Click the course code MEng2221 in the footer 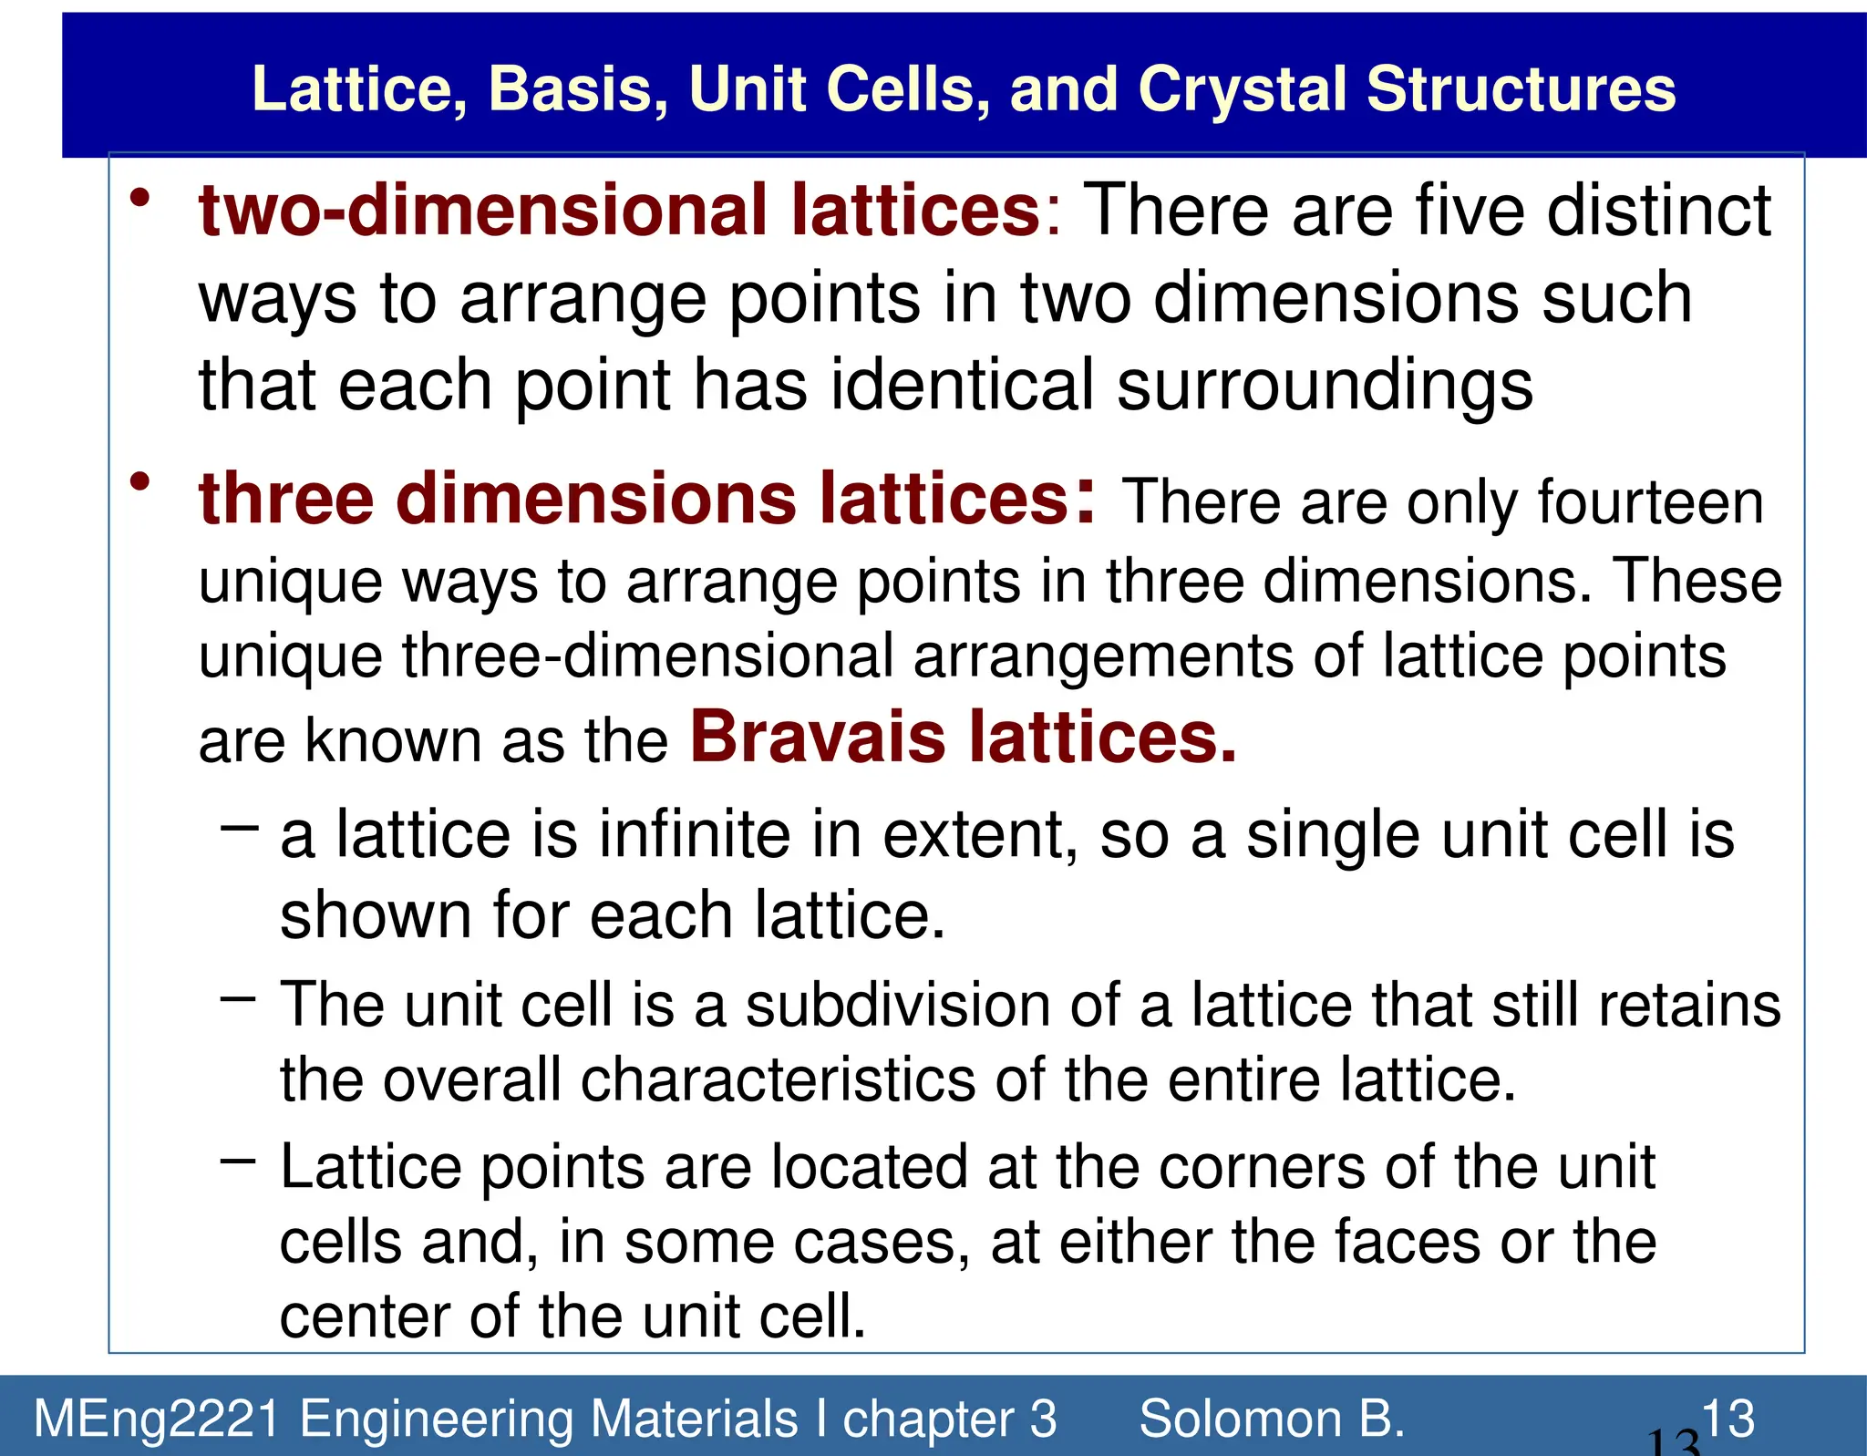click(156, 1420)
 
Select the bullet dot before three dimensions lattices click(139, 480)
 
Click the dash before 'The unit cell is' click(239, 998)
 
